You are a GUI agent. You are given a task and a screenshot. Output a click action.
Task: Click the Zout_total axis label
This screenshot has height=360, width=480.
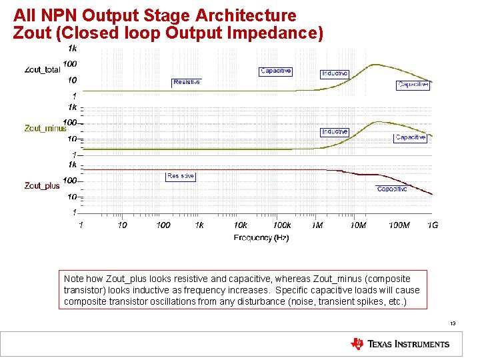[x=42, y=69]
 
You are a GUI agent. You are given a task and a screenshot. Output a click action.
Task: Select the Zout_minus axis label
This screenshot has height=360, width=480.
[x=45, y=128]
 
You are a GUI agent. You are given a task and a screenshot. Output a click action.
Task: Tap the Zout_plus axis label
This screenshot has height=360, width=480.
[x=42, y=185]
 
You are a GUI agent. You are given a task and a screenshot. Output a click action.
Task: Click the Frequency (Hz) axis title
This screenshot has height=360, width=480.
[x=261, y=237]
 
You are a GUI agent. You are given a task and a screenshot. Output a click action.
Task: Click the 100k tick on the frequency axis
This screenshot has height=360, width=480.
[x=282, y=225]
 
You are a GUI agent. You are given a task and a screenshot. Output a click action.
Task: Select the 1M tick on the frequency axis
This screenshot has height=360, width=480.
[x=317, y=225]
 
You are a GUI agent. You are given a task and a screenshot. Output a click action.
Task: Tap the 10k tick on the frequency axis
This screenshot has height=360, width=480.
[x=240, y=225]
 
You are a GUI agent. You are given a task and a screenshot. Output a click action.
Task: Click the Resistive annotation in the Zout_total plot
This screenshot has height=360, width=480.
[x=186, y=82]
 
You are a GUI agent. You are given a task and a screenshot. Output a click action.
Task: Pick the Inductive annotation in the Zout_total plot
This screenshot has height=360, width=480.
[x=335, y=73]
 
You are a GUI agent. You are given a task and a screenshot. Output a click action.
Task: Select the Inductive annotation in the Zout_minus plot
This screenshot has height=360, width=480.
[x=335, y=132]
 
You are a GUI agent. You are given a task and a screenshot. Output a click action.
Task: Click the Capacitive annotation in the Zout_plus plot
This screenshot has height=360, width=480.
[x=391, y=189]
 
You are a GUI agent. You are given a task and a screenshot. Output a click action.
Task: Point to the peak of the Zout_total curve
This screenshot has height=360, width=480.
[x=377, y=65]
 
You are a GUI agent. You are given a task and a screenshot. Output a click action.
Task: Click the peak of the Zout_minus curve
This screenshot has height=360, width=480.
[x=378, y=122]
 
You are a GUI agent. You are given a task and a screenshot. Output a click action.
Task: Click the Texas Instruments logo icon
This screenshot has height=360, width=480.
[x=357, y=344]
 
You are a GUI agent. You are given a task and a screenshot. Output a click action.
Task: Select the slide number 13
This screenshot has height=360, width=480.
[x=452, y=323]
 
